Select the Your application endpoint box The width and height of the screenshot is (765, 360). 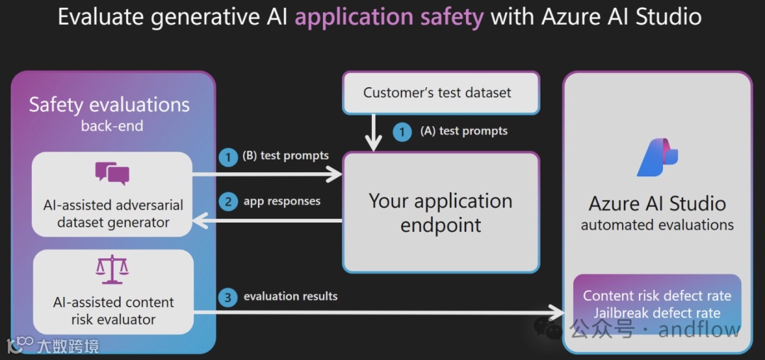point(441,213)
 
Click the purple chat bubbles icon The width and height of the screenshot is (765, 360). point(112,174)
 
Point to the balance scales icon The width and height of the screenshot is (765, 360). point(112,270)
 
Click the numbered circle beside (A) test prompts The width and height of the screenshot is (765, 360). point(402,132)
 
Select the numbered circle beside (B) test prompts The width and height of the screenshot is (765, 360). point(228,157)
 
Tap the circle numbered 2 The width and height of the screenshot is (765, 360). point(228,202)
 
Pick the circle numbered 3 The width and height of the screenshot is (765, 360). point(228,297)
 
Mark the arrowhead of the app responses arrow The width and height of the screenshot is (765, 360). point(199,221)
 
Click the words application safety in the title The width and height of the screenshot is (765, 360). point(389,16)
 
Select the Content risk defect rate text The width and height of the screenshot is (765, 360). point(657,296)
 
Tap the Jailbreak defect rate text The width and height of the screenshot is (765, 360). point(657,313)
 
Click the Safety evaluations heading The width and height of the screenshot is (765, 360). point(109,106)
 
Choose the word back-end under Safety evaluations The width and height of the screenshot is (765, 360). point(112,126)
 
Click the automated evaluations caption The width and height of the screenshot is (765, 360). point(657,225)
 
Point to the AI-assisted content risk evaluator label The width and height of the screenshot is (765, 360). point(113,310)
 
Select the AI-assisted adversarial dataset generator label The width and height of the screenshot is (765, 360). point(113,213)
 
